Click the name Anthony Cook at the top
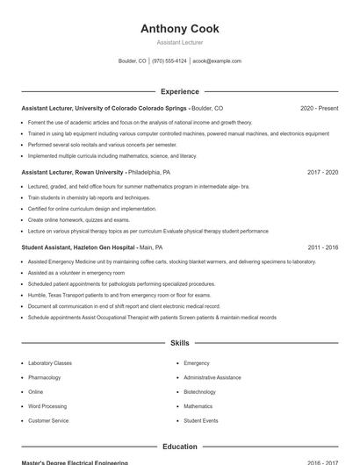pyautogui.click(x=179, y=29)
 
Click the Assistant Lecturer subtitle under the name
pyautogui.click(x=179, y=42)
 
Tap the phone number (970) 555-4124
pyautogui.click(x=169, y=61)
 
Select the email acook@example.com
pyautogui.click(x=217, y=61)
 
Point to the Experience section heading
pyautogui.click(x=179, y=91)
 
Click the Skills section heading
pyautogui.click(x=179, y=343)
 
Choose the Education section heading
pyautogui.click(x=179, y=447)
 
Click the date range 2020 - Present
pyautogui.click(x=319, y=108)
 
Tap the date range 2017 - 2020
pyautogui.click(x=322, y=173)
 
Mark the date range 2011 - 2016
pyautogui.click(x=322, y=248)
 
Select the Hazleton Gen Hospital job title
pyautogui.click(x=78, y=248)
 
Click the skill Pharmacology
pyautogui.click(x=45, y=377)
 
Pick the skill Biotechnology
pyautogui.click(x=199, y=392)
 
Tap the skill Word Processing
pyautogui.click(x=47, y=406)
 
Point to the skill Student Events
pyautogui.click(x=201, y=421)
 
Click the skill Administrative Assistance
pyautogui.click(x=212, y=377)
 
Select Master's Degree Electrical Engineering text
pyautogui.click(x=74, y=462)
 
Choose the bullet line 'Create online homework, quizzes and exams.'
pyautogui.click(x=79, y=219)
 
